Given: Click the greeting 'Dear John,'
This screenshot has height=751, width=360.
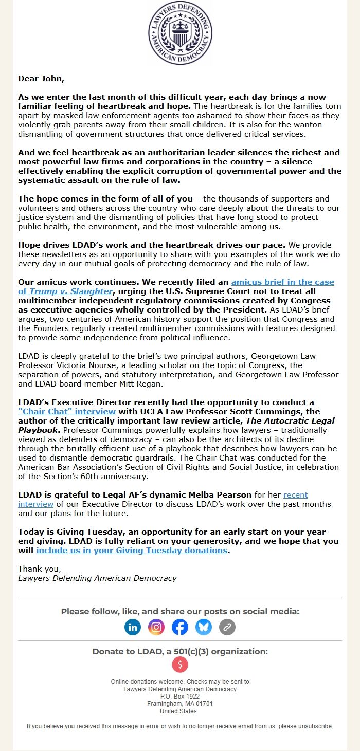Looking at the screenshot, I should [x=41, y=79].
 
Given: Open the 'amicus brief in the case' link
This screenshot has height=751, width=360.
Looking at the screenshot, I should [x=282, y=282].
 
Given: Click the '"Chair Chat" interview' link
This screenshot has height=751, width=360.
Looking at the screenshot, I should [x=67, y=411].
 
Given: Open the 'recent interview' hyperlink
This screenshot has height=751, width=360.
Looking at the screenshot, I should [x=295, y=494].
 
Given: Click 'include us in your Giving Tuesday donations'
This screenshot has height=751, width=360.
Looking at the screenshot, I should [x=132, y=550].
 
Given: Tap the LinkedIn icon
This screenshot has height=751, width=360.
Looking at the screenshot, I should [x=133, y=627].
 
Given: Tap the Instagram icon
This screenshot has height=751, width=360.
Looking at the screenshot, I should [x=156, y=627].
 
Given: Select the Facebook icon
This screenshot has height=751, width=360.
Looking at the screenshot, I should [x=180, y=627].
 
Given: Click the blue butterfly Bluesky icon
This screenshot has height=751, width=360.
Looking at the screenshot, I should [x=204, y=627].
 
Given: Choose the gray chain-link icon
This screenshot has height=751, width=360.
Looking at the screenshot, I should [x=227, y=627].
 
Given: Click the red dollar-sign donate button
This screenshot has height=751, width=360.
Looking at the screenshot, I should [x=180, y=665].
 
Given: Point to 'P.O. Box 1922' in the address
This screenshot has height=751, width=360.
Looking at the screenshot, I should [x=180, y=697].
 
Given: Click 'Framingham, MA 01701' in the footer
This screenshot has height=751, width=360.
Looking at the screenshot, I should [x=180, y=704].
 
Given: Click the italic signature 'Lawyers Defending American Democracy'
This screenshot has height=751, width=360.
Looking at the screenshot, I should [x=97, y=578].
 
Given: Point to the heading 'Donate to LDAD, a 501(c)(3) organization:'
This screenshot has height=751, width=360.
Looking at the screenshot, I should [x=180, y=651].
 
